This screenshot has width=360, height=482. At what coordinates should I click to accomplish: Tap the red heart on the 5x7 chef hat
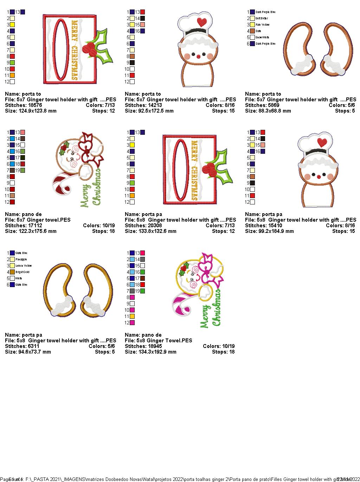[201, 22]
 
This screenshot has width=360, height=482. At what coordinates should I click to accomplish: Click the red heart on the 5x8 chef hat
[321, 142]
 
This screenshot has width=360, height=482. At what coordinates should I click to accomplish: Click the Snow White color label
[262, 37]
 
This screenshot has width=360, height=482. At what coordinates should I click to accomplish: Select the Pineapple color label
[21, 259]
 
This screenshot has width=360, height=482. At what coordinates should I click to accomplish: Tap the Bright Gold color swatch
[12, 272]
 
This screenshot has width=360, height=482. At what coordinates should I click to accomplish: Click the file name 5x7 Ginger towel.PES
[44, 220]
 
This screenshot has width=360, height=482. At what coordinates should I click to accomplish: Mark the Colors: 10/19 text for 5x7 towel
[99, 226]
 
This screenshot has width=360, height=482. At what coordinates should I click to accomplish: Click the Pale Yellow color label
[263, 25]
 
